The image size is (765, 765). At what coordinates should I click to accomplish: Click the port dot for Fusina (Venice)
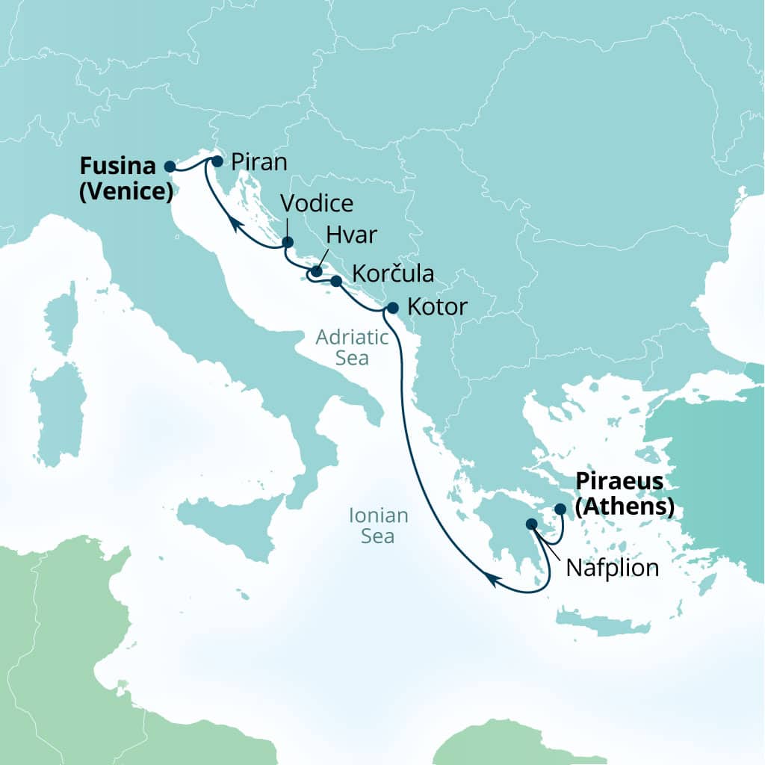pyautogui.click(x=170, y=167)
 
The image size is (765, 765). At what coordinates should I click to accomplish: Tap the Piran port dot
pyautogui.click(x=217, y=161)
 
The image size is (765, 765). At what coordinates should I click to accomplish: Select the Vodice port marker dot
pyautogui.click(x=288, y=242)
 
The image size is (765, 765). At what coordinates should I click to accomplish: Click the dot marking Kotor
pyautogui.click(x=392, y=307)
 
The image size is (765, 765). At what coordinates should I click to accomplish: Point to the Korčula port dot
pyautogui.click(x=336, y=282)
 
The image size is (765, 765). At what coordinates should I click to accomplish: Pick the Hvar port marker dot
pyautogui.click(x=317, y=272)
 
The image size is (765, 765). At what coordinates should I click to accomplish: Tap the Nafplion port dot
pyautogui.click(x=532, y=524)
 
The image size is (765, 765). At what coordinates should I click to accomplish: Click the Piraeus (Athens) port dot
pyautogui.click(x=560, y=509)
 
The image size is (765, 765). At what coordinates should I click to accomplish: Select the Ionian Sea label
pyautogui.click(x=379, y=525)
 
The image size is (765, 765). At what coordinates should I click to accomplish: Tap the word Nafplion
pyautogui.click(x=613, y=568)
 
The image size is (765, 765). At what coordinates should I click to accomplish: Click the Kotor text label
pyautogui.click(x=437, y=307)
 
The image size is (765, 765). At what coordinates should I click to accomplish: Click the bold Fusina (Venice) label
pyautogui.click(x=126, y=179)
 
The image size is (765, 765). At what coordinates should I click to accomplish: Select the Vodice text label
pyautogui.click(x=316, y=203)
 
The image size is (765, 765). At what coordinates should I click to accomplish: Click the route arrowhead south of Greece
pyautogui.click(x=490, y=577)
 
